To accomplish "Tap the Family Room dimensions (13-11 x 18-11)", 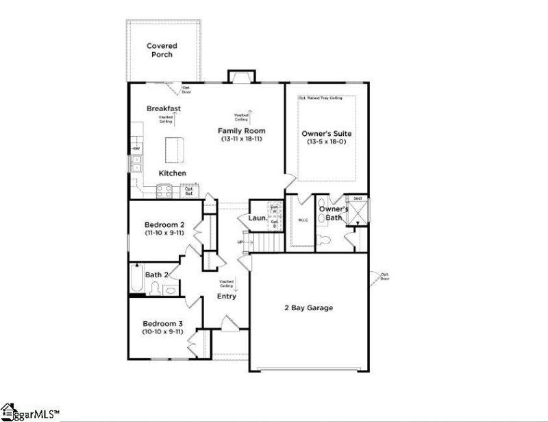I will click(x=241, y=139).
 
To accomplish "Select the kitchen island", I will click(x=175, y=148).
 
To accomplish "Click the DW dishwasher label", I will click(x=136, y=148).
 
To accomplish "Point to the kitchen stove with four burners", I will click(x=165, y=191).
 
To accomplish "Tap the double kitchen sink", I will click(x=136, y=163).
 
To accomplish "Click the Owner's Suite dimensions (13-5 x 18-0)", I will click(x=326, y=141).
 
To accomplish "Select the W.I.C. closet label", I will click(x=302, y=220).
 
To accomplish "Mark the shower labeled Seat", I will click(x=357, y=211).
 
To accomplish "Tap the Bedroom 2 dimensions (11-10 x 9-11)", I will click(x=164, y=233).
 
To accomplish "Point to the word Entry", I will click(x=227, y=296).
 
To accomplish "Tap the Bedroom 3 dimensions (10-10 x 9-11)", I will click(x=163, y=332).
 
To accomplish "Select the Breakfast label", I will click(x=164, y=108).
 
